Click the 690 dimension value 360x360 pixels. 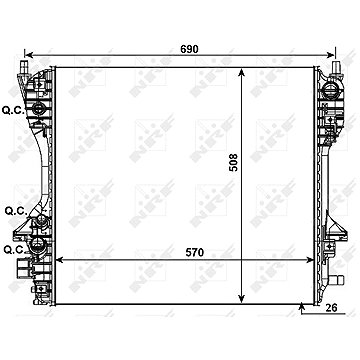[x=189, y=49]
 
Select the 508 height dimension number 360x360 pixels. [x=234, y=162]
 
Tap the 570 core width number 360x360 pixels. [x=194, y=253]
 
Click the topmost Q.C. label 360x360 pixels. [x=13, y=110]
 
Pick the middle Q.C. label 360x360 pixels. [x=16, y=211]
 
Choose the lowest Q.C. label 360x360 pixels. [x=14, y=249]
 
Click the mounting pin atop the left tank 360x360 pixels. [x=24, y=66]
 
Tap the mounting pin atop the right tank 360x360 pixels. [x=336, y=66]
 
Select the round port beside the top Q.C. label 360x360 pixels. [x=38, y=108]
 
